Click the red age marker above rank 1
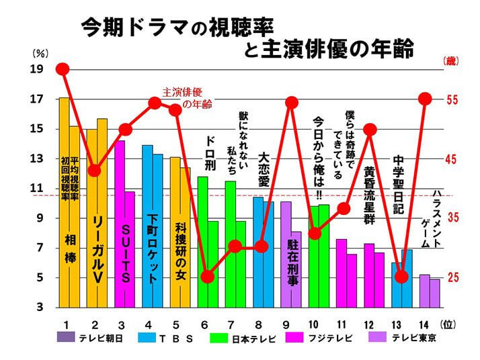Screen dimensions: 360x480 (x=63, y=69)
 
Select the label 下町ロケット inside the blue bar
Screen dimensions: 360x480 (x=153, y=249)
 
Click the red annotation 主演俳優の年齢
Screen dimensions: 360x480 (x=184, y=97)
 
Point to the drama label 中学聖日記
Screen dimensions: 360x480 (x=399, y=185)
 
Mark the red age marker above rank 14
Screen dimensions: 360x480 (x=425, y=99)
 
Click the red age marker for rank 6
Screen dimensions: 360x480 (x=208, y=277)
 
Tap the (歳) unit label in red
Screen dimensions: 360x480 (x=451, y=61)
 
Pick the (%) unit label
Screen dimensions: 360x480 (x=39, y=51)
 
